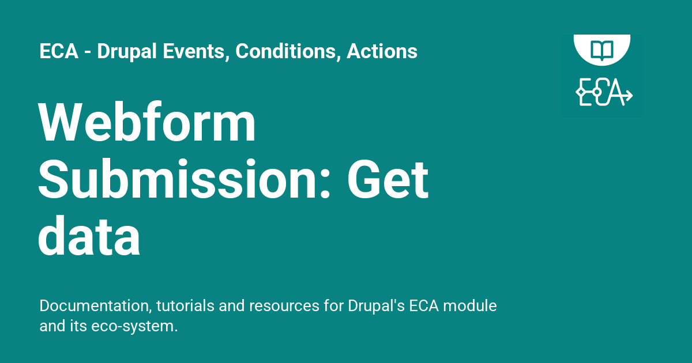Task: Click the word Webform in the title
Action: coord(147,122)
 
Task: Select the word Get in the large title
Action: coord(388,179)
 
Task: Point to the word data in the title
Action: coord(89,236)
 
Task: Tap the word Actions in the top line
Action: coord(382,51)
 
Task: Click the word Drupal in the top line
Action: coord(127,51)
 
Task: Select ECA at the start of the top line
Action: coord(59,51)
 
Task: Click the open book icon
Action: coord(602,50)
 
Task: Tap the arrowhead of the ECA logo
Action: coord(629,95)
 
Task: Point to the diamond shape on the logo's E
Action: coord(581,92)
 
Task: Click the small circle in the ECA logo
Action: coord(597,92)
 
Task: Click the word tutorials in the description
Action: coord(185,305)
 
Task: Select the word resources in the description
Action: coord(284,306)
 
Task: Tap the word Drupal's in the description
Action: coord(376,306)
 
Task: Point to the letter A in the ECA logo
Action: coord(613,92)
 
